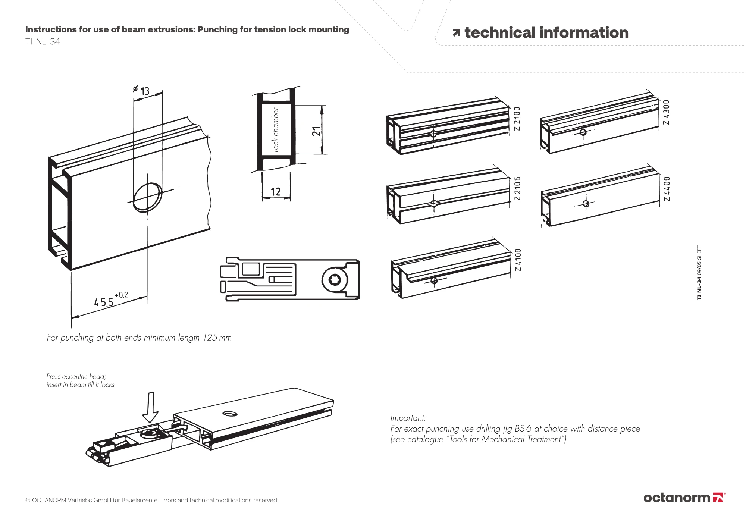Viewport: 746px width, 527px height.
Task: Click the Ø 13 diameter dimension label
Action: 141,90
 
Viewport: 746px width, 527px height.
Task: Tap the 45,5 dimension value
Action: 104,301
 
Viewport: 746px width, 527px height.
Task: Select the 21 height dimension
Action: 316,131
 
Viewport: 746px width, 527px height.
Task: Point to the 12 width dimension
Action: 276,192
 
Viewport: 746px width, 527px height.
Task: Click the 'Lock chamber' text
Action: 275,130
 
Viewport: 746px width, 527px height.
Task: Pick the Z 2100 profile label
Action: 517,119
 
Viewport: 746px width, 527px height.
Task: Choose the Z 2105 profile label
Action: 517,188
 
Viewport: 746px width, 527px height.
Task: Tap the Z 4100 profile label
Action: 518,260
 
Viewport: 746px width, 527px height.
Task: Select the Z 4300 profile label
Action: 667,112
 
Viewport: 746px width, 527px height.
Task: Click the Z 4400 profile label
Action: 667,189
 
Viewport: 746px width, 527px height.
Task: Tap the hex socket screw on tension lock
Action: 335,279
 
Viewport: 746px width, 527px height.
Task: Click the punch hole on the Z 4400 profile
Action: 586,204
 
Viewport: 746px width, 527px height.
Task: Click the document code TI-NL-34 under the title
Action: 43,42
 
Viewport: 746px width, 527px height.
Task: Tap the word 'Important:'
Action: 408,418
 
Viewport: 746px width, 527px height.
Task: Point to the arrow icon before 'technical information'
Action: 456,33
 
